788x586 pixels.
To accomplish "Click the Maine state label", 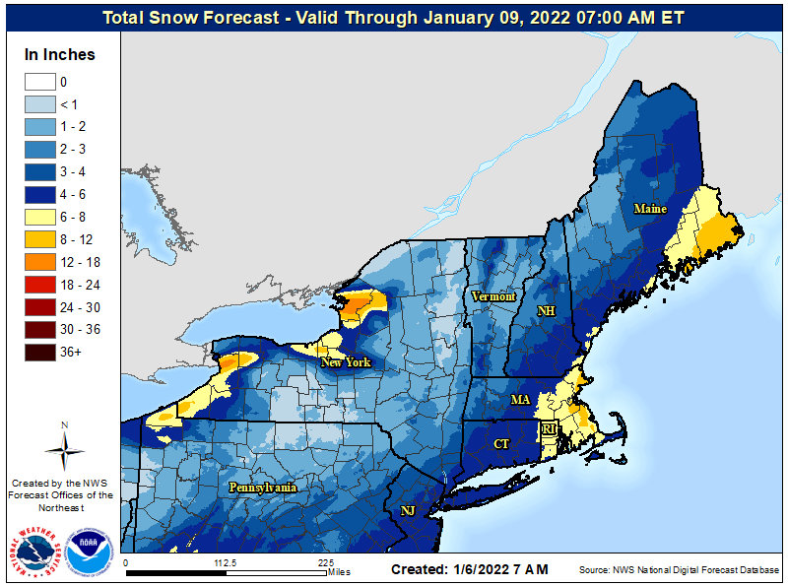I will pyautogui.click(x=650, y=209).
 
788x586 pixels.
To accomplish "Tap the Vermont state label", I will pyautogui.click(x=493, y=296).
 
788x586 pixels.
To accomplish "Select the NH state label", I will pyautogui.click(x=546, y=311).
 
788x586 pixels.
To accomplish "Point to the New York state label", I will pyautogui.click(x=346, y=362).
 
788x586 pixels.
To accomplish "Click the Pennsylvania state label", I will pyautogui.click(x=263, y=488).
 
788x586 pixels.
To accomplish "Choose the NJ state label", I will pyautogui.click(x=408, y=510).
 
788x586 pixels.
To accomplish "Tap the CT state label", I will pyautogui.click(x=501, y=444).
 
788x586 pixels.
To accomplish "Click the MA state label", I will pyautogui.click(x=520, y=400).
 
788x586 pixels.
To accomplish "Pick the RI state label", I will pyautogui.click(x=549, y=430).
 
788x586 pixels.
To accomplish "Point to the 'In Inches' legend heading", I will pyautogui.click(x=60, y=54).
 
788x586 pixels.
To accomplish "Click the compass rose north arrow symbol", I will pyautogui.click(x=64, y=449).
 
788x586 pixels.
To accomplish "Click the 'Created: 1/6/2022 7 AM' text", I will pyautogui.click(x=469, y=569).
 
